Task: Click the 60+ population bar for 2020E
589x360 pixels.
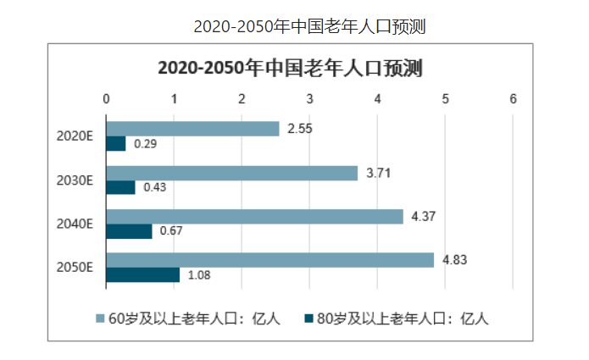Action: pos(192,129)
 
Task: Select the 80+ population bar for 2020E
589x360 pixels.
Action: pos(116,144)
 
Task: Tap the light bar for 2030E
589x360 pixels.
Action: pos(231,173)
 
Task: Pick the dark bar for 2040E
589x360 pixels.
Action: pos(129,231)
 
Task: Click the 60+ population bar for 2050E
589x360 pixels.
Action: pos(269,260)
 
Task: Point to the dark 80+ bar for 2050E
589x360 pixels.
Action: pos(142,274)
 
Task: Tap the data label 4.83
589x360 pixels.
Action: pos(455,260)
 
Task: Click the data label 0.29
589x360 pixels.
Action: pos(146,144)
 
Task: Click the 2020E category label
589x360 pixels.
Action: pos(75,136)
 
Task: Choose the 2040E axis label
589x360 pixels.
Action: pos(75,224)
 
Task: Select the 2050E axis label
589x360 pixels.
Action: pos(75,268)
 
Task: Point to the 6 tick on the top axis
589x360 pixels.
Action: pos(514,99)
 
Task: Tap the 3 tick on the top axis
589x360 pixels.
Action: pos(309,99)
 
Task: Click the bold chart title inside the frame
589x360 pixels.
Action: pos(291,69)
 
